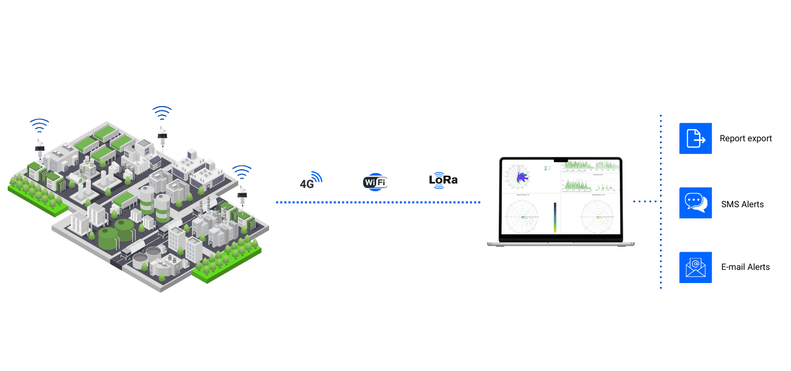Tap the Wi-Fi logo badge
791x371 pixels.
click(x=375, y=182)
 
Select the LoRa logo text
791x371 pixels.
click(x=443, y=180)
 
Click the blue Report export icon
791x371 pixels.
click(x=696, y=138)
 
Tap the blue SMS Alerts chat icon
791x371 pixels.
click(x=696, y=203)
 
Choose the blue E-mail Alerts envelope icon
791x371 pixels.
click(x=696, y=267)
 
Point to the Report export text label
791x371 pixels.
click(x=745, y=139)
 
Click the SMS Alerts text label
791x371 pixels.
click(x=742, y=204)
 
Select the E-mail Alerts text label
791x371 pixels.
click(x=745, y=267)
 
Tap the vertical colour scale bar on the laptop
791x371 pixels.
click(x=555, y=218)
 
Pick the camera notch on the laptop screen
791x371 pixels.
click(x=560, y=159)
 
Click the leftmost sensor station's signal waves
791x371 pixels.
click(x=40, y=125)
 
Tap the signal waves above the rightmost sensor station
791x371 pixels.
click(x=241, y=171)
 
